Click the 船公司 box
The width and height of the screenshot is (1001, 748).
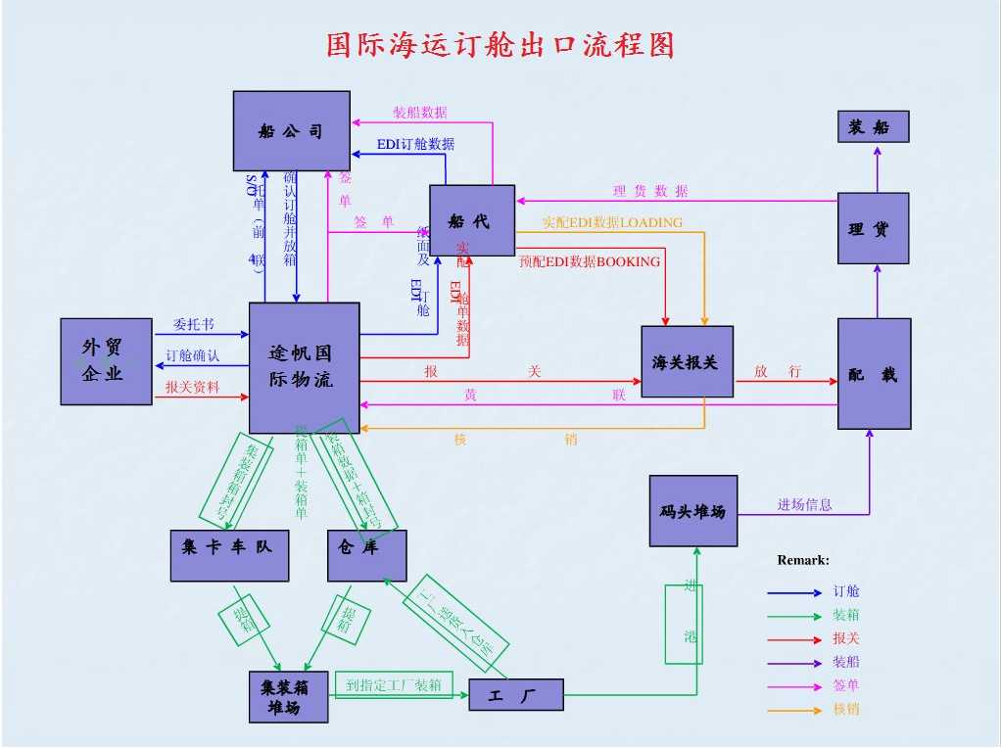click(x=291, y=130)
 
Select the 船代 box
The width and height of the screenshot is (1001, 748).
click(x=472, y=221)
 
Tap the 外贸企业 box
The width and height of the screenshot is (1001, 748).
click(x=106, y=361)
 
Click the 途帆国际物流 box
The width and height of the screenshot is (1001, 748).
click(x=304, y=367)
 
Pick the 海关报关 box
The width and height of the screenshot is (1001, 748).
click(x=687, y=362)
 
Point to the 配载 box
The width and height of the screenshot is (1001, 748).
click(x=874, y=374)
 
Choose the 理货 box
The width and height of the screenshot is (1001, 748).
click(x=873, y=229)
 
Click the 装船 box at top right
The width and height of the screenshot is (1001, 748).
click(x=873, y=127)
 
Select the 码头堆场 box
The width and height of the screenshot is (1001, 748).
click(x=692, y=511)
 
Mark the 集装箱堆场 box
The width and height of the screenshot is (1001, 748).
click(x=288, y=697)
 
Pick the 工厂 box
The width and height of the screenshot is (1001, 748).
click(x=515, y=695)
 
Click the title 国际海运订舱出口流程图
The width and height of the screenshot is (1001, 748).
click(x=500, y=45)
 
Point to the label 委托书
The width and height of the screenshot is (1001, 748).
click(x=194, y=325)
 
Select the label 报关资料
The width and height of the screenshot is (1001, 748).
click(x=192, y=388)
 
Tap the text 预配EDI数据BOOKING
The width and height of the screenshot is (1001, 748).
click(x=590, y=262)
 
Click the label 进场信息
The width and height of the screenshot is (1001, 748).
click(x=804, y=505)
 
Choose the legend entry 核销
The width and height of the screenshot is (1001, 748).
click(x=846, y=709)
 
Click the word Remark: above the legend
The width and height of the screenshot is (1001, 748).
click(x=803, y=561)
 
